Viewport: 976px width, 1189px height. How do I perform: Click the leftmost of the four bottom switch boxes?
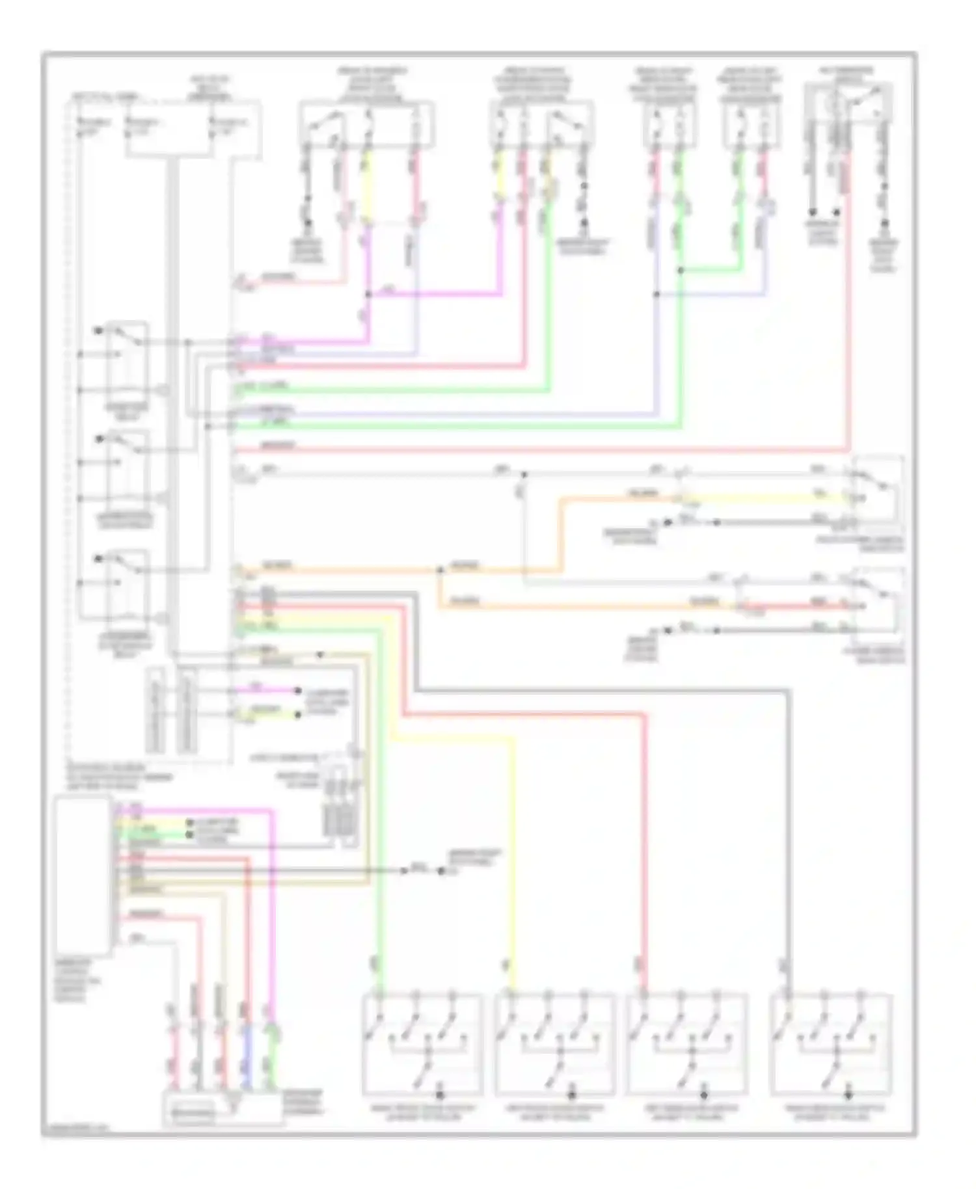point(422,1045)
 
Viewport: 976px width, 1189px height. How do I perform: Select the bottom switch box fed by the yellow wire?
point(554,1045)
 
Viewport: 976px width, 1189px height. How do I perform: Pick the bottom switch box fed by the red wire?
point(687,1045)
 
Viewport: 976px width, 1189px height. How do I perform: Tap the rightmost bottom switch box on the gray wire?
point(831,1045)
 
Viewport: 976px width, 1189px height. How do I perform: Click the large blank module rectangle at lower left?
point(83,875)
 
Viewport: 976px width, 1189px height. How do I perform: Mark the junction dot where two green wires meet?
point(680,270)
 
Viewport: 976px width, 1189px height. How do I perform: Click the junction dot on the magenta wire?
point(368,295)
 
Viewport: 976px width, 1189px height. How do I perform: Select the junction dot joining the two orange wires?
point(441,570)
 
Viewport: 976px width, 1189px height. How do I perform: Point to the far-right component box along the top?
point(848,104)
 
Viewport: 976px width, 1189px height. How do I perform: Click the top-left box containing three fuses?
point(193,129)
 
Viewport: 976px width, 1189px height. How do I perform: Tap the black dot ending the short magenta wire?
point(298,690)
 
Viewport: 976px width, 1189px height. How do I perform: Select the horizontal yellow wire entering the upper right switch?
point(768,498)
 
